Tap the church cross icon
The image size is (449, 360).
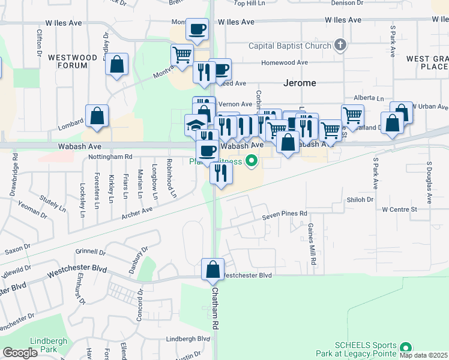(x=340, y=45)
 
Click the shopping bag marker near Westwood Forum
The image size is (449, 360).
(x=116, y=64)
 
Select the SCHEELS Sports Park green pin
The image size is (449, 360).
(x=406, y=347)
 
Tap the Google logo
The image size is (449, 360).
(x=20, y=353)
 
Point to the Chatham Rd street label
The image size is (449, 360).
(x=214, y=307)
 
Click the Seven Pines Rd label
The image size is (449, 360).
(x=285, y=213)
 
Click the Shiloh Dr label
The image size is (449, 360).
(x=360, y=199)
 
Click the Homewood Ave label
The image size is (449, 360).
(x=285, y=62)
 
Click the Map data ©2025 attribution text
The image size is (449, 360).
(x=424, y=355)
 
